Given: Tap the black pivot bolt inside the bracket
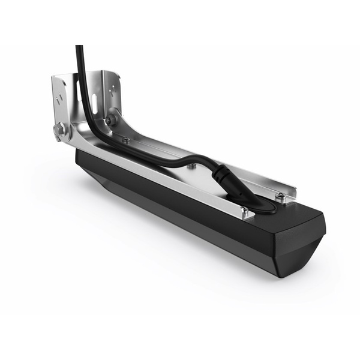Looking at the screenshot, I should tap(111, 120).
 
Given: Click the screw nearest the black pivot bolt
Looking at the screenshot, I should tap(125, 140).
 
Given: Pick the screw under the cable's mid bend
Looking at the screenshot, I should tap(191, 166).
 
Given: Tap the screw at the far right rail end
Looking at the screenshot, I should tap(280, 196).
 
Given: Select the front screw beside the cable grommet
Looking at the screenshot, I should tap(244, 209).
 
